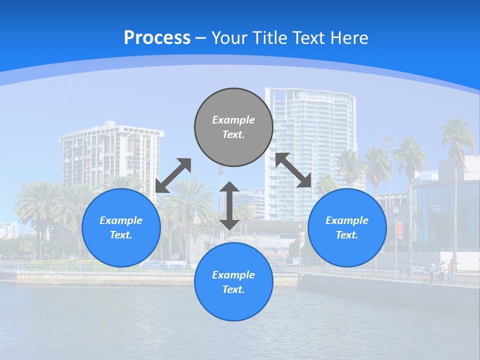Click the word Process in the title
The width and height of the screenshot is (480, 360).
157,38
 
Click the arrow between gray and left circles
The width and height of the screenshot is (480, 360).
173,175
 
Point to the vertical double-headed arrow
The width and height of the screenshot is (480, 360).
229,205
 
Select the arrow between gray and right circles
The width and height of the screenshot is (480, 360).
293,170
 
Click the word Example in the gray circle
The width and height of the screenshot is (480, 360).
233,120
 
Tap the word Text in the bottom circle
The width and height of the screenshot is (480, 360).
232,289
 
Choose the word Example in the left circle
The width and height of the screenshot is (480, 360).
121,220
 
